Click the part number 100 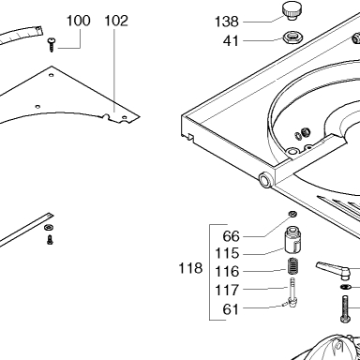pyautogui.click(x=79, y=21)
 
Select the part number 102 pyautogui.click(x=116, y=21)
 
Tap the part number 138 pyautogui.click(x=227, y=22)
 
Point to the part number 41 pyautogui.click(x=231, y=41)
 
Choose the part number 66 pyautogui.click(x=231, y=236)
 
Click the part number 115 pyautogui.click(x=227, y=253)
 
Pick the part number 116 pyautogui.click(x=227, y=272)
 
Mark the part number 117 pyautogui.click(x=227, y=291)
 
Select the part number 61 pyautogui.click(x=231, y=309)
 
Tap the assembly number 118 pyautogui.click(x=190, y=268)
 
